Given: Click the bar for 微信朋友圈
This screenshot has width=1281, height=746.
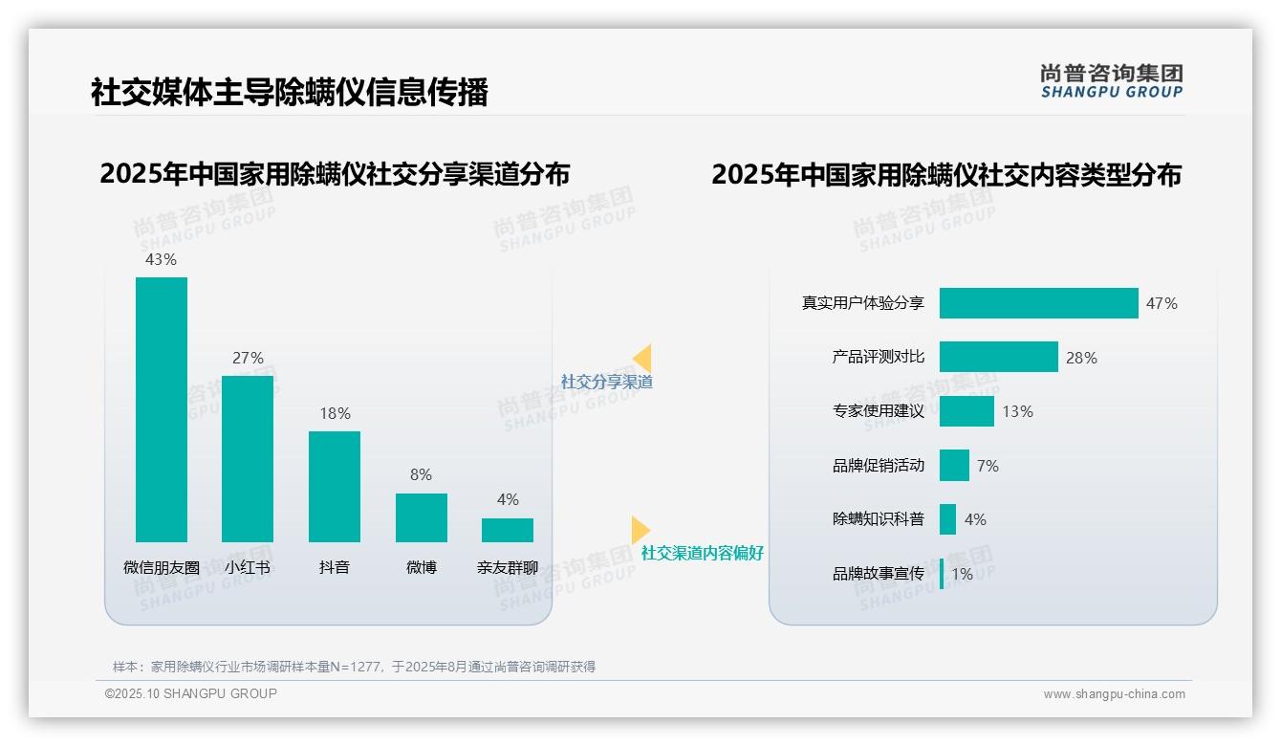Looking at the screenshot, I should coord(162,409).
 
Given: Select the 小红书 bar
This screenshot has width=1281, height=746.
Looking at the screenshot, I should coord(248,459).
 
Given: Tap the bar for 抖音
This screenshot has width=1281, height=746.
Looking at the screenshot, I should coord(335,487).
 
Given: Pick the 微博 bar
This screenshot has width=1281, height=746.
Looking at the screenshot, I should coord(421,517).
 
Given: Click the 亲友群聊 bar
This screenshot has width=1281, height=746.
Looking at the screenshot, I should coord(508,530).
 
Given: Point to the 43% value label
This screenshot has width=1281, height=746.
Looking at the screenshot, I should coord(161,259).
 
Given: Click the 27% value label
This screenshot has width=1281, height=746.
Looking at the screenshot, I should coord(248,358).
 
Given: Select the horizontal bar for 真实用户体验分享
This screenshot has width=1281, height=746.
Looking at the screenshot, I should coord(1038,303).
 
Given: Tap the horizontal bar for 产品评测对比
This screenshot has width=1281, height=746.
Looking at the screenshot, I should coord(998,357).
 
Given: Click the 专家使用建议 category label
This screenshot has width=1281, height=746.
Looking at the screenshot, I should coord(879,411).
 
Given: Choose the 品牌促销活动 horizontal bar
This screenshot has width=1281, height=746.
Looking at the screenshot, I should coord(954,466).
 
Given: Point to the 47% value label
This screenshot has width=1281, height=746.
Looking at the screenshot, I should coord(1162,303).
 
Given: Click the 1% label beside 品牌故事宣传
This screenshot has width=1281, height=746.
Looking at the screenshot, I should coord(962,574).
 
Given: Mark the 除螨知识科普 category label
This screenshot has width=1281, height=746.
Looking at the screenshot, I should coord(879,519).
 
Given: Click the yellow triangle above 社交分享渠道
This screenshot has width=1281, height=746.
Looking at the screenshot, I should coord(642,359).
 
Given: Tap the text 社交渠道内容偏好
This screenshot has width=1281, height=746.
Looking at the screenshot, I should coord(703,553).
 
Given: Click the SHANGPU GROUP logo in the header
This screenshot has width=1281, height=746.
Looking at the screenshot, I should coord(1111,81).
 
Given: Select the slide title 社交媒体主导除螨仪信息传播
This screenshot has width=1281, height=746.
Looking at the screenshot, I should coord(289,92).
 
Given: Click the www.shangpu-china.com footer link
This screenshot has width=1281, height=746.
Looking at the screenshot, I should coord(1114,694).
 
